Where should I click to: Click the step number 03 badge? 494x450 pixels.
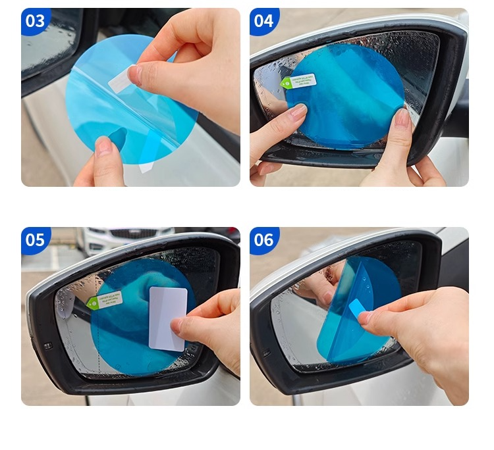36,21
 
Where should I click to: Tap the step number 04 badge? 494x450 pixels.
263,21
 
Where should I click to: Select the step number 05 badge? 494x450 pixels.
36,239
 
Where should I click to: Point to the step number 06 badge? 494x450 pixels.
263,239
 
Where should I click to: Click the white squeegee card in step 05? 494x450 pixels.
167,317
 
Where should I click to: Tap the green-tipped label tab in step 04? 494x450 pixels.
298,82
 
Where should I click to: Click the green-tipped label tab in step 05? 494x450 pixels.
104,301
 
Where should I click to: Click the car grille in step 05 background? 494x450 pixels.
132,234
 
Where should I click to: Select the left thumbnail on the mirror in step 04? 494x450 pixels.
298,112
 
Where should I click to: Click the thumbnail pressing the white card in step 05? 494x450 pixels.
177,324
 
